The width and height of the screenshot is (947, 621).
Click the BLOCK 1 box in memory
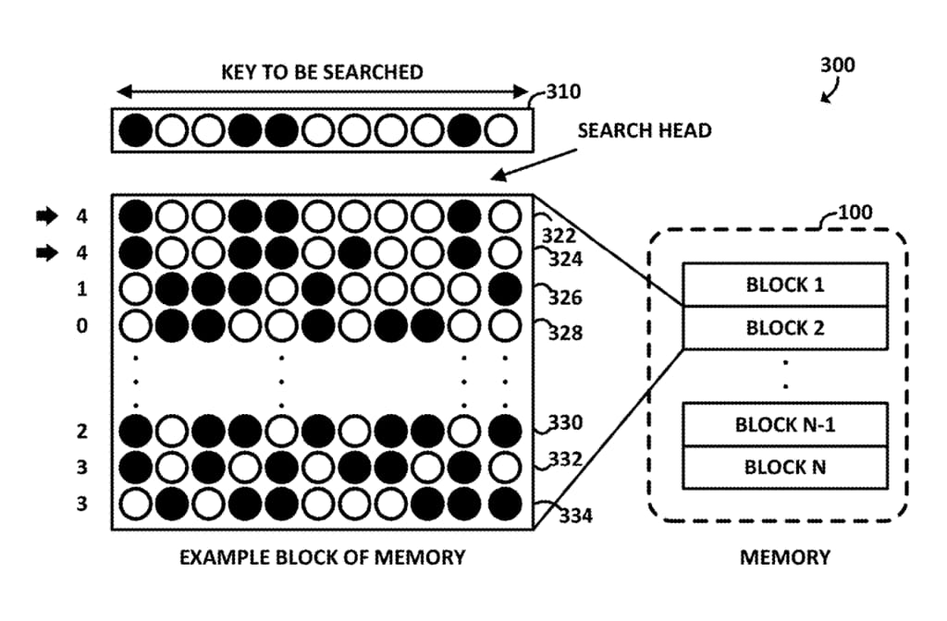point(784,285)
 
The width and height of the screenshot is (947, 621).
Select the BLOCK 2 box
point(784,328)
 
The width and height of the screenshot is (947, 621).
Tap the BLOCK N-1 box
point(784,425)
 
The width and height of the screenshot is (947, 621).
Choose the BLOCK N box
point(784,468)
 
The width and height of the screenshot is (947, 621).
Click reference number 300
point(837,66)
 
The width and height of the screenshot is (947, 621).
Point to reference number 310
point(563,92)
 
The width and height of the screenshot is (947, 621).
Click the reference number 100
point(855,213)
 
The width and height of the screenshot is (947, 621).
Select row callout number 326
point(565,298)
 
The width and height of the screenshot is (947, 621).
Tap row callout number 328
point(565,333)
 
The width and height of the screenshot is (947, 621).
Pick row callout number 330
point(565,423)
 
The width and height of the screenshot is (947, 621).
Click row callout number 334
point(575,515)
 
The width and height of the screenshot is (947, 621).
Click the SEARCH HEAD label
point(645,130)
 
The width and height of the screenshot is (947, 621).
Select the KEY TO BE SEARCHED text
point(322,72)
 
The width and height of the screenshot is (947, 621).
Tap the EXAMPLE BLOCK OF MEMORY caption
point(322,557)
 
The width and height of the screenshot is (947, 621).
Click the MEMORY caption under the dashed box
point(784,557)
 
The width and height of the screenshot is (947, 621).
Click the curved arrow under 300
point(830,91)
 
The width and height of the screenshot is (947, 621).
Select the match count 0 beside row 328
point(82,325)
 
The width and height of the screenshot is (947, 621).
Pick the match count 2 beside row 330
point(82,432)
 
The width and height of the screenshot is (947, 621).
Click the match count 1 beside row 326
point(82,289)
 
